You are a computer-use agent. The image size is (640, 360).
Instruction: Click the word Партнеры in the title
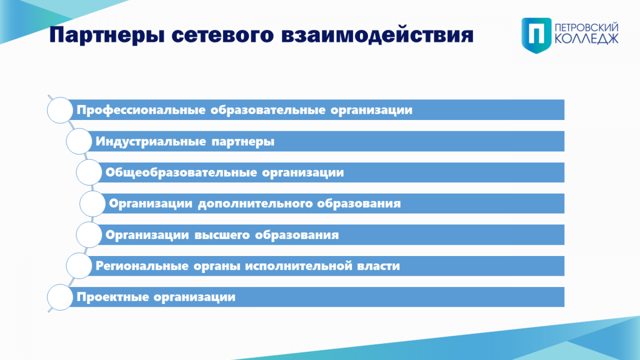(x=107, y=35)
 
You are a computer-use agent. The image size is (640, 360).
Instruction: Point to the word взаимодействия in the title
(x=377, y=35)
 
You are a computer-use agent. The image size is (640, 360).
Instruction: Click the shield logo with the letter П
(x=537, y=35)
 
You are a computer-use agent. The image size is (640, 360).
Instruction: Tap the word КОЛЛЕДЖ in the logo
(x=587, y=39)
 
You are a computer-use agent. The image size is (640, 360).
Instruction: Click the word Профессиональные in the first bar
(x=141, y=110)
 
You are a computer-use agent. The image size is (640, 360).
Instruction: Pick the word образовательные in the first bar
(x=268, y=110)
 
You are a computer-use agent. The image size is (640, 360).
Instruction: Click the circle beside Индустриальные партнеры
(x=79, y=141)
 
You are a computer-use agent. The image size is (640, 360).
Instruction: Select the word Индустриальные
(x=150, y=142)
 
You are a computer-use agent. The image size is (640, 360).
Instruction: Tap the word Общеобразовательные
(x=181, y=173)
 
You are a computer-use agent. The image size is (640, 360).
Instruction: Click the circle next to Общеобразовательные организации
(x=89, y=172)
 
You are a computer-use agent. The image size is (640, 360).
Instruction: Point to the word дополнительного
(x=255, y=204)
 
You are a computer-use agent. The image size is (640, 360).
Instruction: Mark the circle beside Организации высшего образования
(x=89, y=235)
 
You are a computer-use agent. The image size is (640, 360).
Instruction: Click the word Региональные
(x=142, y=266)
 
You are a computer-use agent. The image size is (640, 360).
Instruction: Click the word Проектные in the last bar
(x=113, y=297)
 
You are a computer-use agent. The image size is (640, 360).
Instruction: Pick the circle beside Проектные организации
(x=60, y=297)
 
